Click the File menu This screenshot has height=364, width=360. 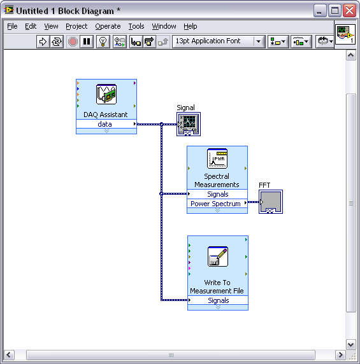12,27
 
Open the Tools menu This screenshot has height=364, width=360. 136,27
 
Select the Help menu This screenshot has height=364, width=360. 190,27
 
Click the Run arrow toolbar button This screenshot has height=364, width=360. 43,42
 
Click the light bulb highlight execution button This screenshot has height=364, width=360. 103,42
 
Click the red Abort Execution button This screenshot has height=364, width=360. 73,42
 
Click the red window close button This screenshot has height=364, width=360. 349,11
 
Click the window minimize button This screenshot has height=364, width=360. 320,11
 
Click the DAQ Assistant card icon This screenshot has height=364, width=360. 106,94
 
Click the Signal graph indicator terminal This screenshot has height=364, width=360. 189,124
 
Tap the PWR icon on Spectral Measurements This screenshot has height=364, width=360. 217,158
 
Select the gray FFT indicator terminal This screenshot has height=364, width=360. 271,202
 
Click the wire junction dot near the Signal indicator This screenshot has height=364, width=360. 162,124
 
